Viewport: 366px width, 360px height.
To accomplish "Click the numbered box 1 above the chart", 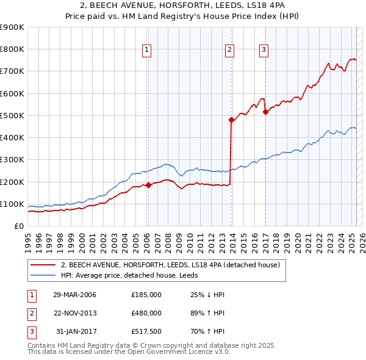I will pos(148,51).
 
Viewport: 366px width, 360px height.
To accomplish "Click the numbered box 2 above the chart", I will pos(229,51).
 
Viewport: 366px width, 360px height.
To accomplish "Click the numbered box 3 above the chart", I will pos(264,51).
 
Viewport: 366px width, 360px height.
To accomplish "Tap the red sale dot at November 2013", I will pos(232,120).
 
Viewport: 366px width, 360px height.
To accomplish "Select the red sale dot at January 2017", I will pos(265,112).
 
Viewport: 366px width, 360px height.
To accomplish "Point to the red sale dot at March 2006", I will pos(148,185).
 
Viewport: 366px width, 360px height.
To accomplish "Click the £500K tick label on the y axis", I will pos(12,115).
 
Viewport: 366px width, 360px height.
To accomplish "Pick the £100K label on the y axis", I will pos(12,204).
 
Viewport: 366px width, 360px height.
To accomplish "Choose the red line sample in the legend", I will pos(43,265).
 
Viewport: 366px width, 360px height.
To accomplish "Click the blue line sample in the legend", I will pos(43,275).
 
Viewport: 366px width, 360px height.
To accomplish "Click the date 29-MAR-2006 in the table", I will pos(74,295).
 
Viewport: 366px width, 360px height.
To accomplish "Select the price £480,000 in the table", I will pos(146,313).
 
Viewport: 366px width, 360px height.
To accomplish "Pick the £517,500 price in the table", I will pos(146,331).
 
